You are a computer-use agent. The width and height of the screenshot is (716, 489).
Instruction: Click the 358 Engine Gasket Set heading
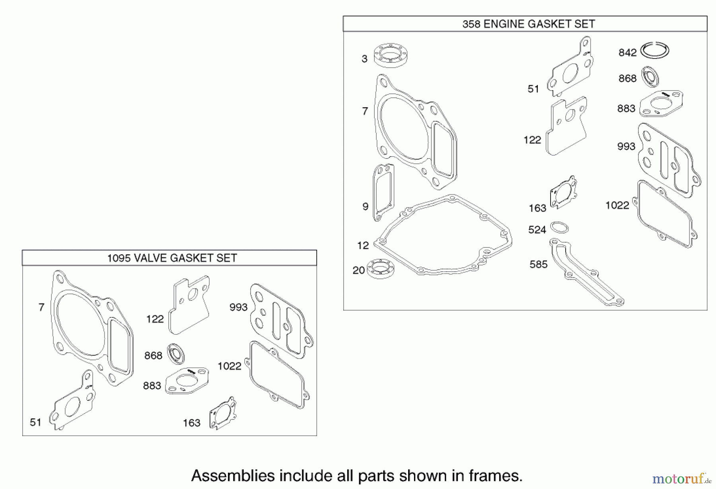click(528, 24)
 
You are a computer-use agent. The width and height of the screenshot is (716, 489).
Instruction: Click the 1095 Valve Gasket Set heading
click(172, 258)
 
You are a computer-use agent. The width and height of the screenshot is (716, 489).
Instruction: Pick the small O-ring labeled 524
click(559, 228)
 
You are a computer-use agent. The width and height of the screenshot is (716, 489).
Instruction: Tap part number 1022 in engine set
click(617, 205)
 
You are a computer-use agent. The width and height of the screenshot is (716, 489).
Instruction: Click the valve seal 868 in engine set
click(650, 77)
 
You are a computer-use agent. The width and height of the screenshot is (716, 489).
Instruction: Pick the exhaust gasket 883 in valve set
click(187, 381)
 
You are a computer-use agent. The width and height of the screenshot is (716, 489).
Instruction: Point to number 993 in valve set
click(238, 307)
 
